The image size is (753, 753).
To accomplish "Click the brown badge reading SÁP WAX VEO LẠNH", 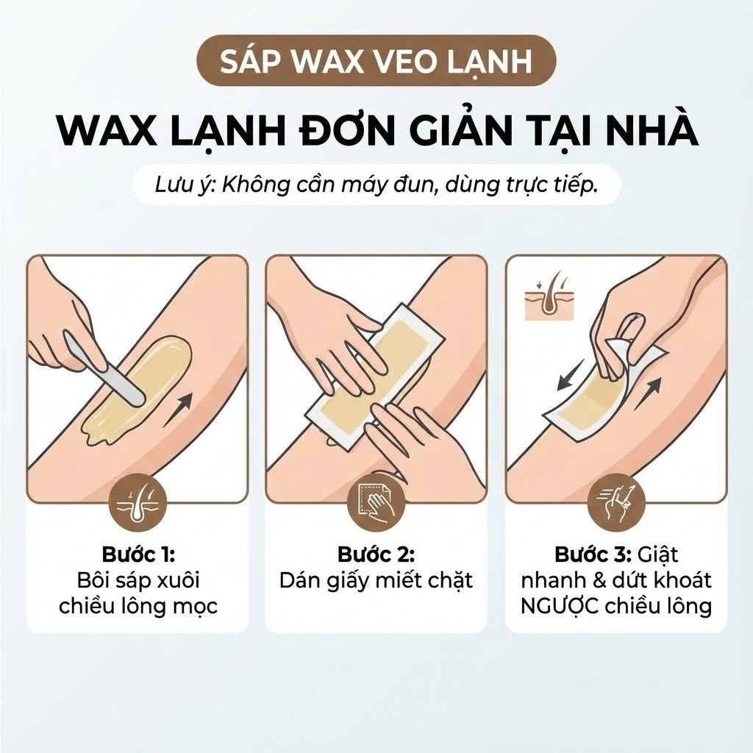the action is (376, 61).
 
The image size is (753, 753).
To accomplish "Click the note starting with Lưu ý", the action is (376, 185).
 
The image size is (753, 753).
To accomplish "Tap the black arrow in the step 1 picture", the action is (178, 409).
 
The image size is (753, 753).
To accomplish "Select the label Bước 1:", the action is (138, 554).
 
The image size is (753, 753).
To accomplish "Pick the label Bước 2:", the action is (376, 554).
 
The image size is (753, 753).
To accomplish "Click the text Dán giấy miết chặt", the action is (376, 581).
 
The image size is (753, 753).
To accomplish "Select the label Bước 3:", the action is (593, 554).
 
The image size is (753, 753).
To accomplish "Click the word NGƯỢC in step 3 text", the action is (560, 607).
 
